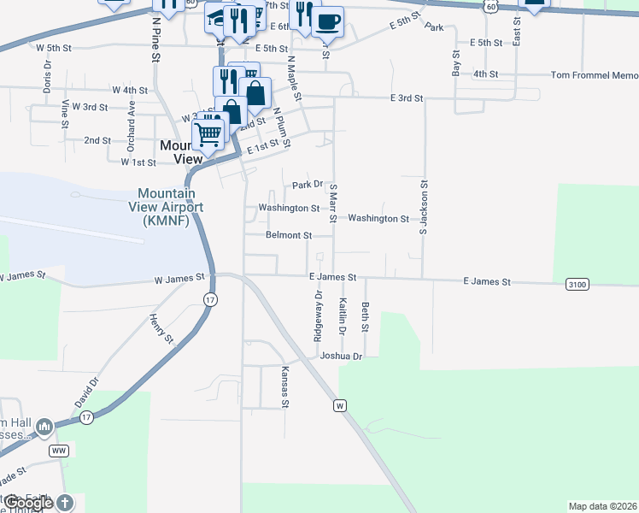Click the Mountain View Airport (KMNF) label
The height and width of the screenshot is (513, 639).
pyautogui.click(x=172, y=207)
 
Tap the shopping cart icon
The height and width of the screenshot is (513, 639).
pyautogui.click(x=208, y=134)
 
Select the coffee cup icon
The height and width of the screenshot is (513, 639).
pyautogui.click(x=326, y=21)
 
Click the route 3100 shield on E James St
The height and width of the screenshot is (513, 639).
pyautogui.click(x=577, y=284)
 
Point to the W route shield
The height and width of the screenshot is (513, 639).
pyautogui.click(x=340, y=404)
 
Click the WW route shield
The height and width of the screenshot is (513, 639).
pyautogui.click(x=59, y=450)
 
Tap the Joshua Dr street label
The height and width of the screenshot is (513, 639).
pyautogui.click(x=341, y=356)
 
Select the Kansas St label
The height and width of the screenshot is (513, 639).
pyautogui.click(x=286, y=387)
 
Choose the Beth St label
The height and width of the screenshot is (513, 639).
pyautogui.click(x=365, y=317)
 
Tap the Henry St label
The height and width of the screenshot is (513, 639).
pyautogui.click(x=161, y=328)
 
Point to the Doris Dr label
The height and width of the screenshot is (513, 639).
pyautogui.click(x=47, y=79)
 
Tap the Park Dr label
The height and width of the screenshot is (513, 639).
pyautogui.click(x=307, y=184)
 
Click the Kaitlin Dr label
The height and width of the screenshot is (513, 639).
pyautogui.click(x=342, y=316)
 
